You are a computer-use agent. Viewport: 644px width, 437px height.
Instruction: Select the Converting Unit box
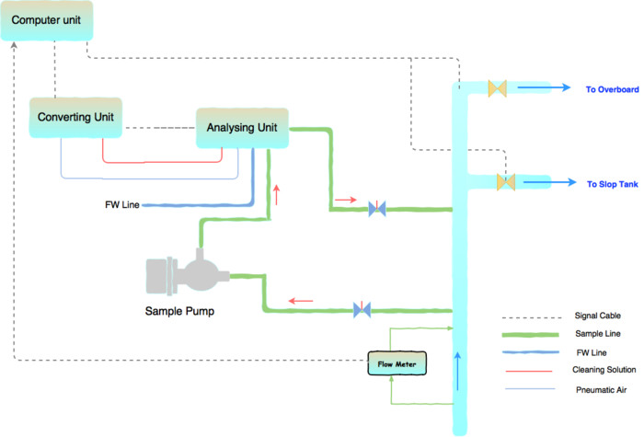[x=75, y=118]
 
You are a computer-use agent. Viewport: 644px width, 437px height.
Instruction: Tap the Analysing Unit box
[x=242, y=127]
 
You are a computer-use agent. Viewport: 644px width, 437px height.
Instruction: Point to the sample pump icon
[x=188, y=274]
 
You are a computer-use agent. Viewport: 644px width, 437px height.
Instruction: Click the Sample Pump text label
[x=179, y=311]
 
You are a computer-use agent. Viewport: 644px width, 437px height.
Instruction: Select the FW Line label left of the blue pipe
[x=122, y=203]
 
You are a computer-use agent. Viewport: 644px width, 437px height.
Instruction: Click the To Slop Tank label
[x=613, y=184]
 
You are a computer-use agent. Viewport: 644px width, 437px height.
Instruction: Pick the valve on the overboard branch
[x=499, y=88]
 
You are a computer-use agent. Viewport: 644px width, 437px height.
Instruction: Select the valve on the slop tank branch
[x=506, y=182]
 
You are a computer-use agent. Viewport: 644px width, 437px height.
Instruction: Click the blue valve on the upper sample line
[x=376, y=209]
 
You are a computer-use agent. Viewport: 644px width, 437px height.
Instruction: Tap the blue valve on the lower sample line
[x=362, y=310]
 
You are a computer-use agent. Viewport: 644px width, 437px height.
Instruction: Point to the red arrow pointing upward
[x=275, y=194]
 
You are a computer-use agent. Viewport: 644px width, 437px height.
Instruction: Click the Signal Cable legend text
[x=592, y=316]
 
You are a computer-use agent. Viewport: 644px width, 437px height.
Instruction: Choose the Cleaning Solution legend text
[x=598, y=370]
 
